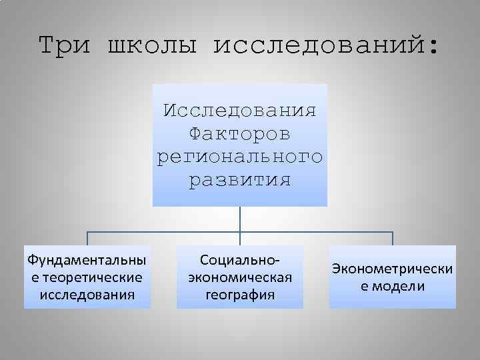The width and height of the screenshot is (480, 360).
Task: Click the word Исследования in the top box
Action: [x=240, y=110]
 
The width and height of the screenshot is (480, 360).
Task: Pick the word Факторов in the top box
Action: [x=240, y=133]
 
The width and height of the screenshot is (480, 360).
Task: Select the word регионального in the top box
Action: [x=240, y=157]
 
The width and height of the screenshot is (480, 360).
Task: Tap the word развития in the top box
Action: [x=240, y=180]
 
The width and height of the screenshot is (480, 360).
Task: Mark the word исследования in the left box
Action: [x=87, y=293]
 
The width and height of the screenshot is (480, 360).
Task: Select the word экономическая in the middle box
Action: [x=240, y=276]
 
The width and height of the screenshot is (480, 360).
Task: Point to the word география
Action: [x=240, y=293]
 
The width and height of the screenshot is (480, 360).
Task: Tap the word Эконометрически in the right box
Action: [x=393, y=268]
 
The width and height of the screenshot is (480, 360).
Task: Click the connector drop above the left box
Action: [x=87, y=239]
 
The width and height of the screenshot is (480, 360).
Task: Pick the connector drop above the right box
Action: [x=393, y=239]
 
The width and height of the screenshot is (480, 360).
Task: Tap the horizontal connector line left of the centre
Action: [x=163, y=233]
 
